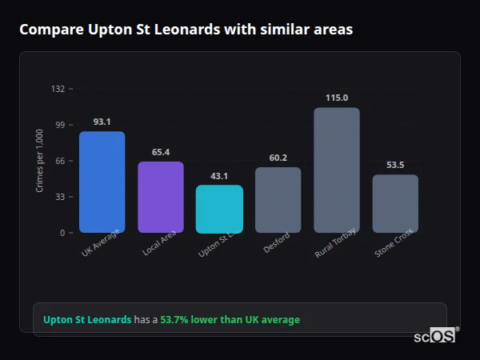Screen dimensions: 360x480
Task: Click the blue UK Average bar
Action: click(x=102, y=182)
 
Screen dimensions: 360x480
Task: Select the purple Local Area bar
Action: click(x=161, y=197)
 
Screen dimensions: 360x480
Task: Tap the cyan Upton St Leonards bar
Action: click(x=219, y=209)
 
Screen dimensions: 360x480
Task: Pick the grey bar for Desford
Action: click(x=278, y=200)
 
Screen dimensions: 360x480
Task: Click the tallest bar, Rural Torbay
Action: click(x=337, y=170)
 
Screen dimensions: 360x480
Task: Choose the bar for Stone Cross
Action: click(x=395, y=203)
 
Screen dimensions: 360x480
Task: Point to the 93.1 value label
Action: click(x=102, y=122)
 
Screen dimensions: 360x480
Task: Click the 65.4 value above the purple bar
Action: click(x=161, y=152)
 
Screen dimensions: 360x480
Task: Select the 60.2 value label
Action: click(x=278, y=158)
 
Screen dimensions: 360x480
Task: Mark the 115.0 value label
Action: click(x=337, y=98)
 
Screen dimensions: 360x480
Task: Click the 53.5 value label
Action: click(x=395, y=165)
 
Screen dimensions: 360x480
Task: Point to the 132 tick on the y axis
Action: click(x=58, y=89)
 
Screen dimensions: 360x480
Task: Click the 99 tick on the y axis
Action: click(x=60, y=125)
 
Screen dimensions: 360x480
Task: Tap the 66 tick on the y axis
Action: click(x=60, y=161)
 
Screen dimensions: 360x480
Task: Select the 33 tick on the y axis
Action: click(x=60, y=197)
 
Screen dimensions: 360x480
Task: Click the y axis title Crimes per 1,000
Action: click(x=39, y=161)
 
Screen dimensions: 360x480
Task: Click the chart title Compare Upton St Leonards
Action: click(x=186, y=30)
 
